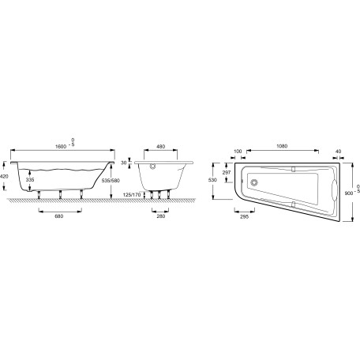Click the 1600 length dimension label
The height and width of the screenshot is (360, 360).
click(x=61, y=147)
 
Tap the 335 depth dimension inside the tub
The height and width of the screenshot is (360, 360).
click(x=30, y=180)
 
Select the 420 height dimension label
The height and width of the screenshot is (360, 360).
click(x=5, y=176)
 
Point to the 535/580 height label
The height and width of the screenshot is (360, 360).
click(x=111, y=181)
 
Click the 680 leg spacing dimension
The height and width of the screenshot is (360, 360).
click(x=59, y=216)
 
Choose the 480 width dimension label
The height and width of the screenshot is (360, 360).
click(x=161, y=147)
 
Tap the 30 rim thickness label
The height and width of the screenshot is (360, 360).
click(x=124, y=163)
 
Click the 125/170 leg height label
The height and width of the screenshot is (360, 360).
click(x=132, y=195)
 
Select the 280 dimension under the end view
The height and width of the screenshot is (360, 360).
click(x=161, y=216)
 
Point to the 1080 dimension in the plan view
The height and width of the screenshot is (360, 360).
click(x=282, y=146)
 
